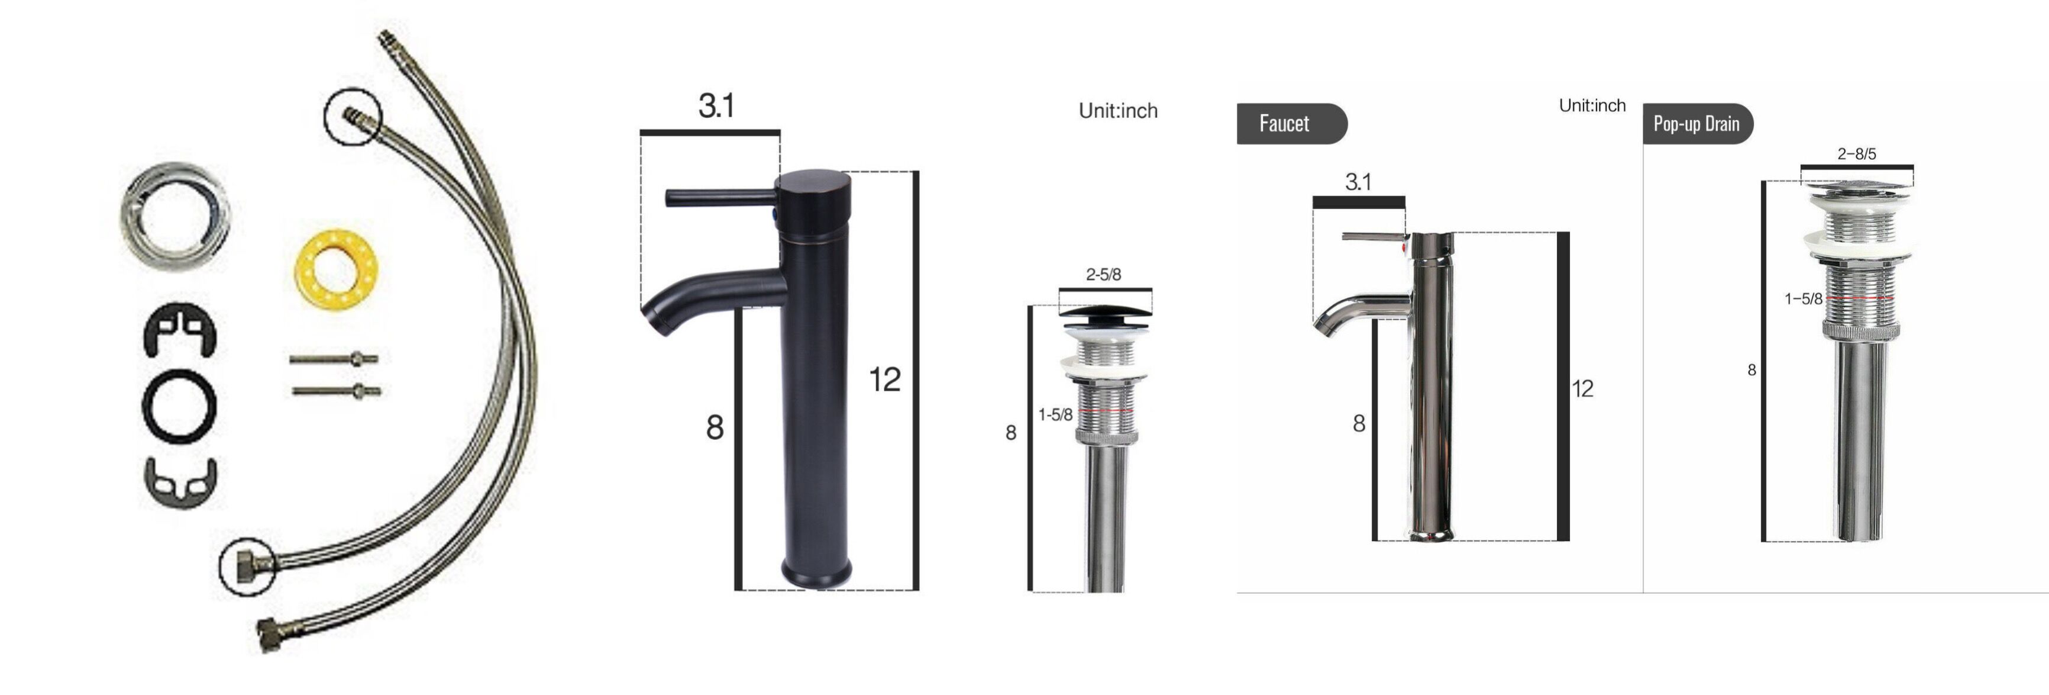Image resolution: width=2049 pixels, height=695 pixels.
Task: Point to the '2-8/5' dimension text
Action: pos(1857,154)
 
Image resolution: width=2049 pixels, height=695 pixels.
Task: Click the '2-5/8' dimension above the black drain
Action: pos(1103,275)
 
